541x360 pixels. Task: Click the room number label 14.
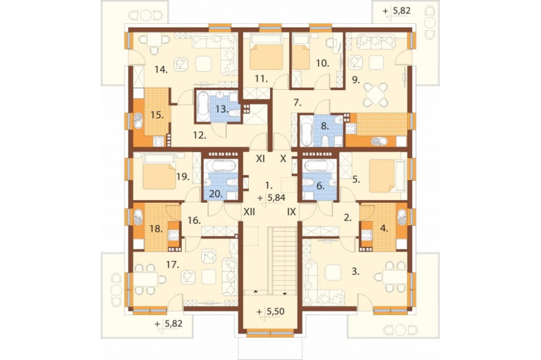coord(161,70)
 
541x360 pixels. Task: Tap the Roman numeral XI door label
coord(261,159)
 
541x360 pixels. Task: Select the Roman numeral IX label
coord(292,212)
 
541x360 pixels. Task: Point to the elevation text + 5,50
coord(271,312)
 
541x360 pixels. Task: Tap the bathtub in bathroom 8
coord(306,131)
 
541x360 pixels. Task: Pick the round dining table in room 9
coord(376,94)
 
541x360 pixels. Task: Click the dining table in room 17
coord(146,279)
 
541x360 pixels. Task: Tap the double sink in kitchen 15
coord(138,121)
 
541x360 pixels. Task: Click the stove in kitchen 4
coord(366,235)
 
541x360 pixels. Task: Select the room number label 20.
coord(216,194)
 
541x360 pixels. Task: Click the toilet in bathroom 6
coord(310,182)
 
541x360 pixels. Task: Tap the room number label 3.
coord(355,272)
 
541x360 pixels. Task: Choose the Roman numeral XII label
coord(249,212)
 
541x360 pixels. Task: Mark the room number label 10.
coord(322,63)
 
